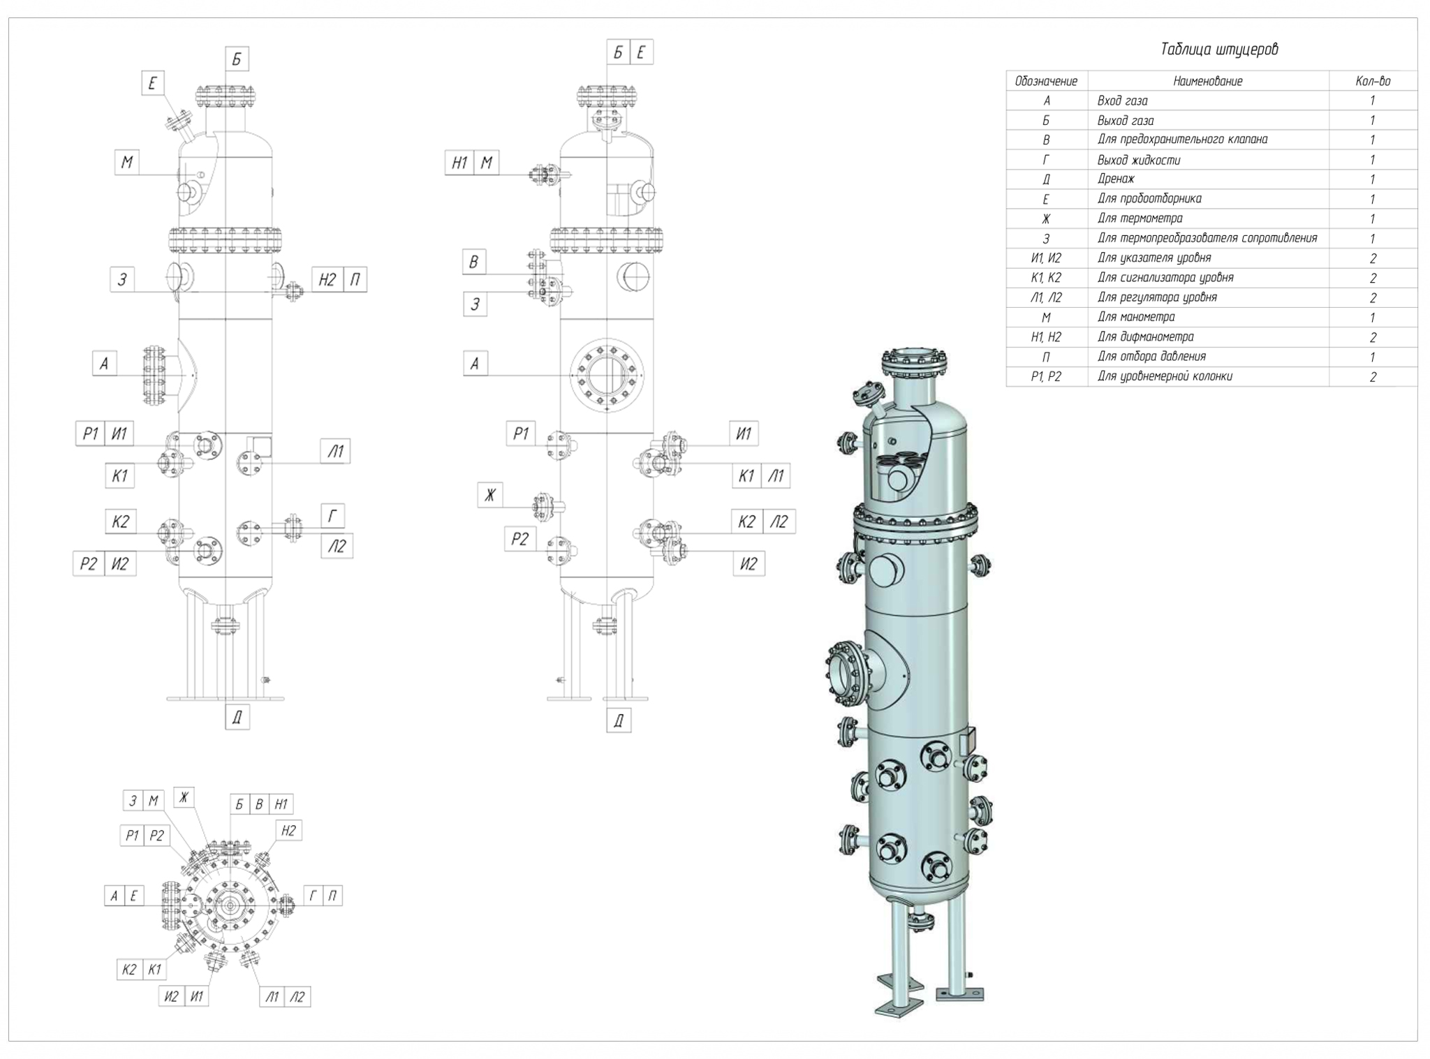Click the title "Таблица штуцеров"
tap(1218, 50)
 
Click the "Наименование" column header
tap(1207, 81)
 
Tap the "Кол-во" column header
tap(1372, 81)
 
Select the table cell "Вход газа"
tap(1122, 101)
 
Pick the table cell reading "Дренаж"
tap(1116, 179)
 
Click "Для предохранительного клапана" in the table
tap(1182, 140)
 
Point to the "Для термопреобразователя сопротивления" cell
tap(1207, 238)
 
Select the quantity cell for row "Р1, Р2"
tap(1372, 377)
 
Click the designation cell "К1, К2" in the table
tap(1045, 278)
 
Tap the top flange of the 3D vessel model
tap(913, 362)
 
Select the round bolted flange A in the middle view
tap(606, 375)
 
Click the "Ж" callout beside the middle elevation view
tap(490, 495)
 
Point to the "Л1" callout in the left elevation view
tap(336, 452)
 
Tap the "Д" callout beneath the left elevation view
tap(237, 717)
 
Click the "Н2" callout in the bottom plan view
tap(288, 831)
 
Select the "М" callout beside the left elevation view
tap(126, 163)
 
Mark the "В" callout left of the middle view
tap(473, 262)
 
